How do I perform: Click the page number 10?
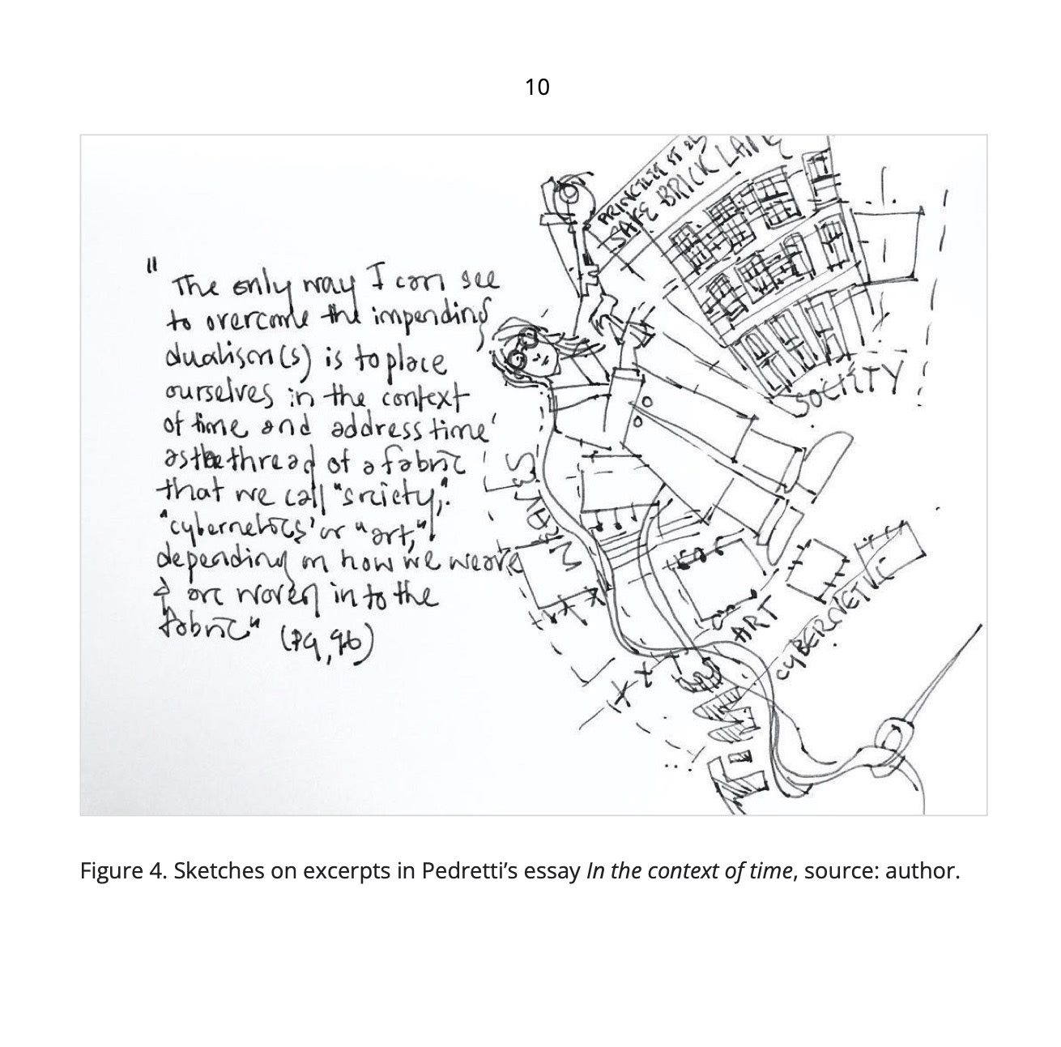coord(537,87)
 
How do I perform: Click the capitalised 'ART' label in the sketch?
coord(754,624)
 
